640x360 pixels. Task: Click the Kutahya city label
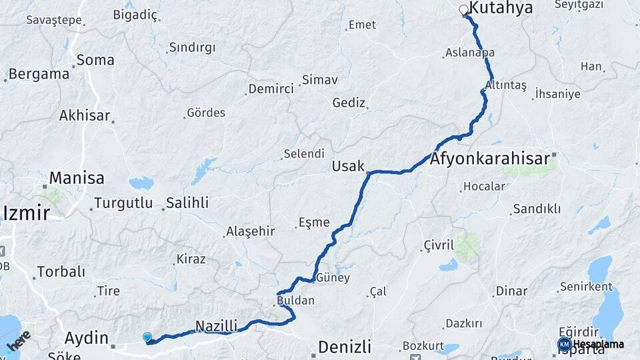coord(501,8)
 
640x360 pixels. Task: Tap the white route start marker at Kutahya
coord(464,9)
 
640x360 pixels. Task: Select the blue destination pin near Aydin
coord(147,338)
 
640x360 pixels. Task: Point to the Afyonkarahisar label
coord(490,159)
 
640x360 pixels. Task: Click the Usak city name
coord(348,165)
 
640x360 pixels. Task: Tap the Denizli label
coord(344,347)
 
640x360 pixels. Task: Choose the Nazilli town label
coord(216,326)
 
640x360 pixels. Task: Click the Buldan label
coord(297,301)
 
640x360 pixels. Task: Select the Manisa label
coord(77,178)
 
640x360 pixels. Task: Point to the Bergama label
coord(39,74)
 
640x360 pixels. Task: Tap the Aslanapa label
coord(469,53)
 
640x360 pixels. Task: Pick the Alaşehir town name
coord(251,231)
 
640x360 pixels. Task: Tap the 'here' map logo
coord(18,341)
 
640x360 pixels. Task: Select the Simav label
coord(319,80)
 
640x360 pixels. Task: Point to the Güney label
coord(333,277)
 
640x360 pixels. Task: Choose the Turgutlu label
coord(123,203)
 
